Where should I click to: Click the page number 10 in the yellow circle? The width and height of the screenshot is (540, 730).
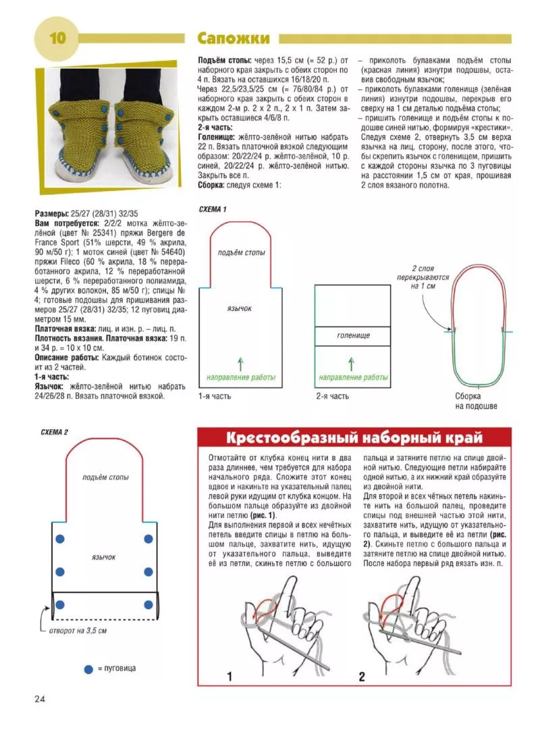55,38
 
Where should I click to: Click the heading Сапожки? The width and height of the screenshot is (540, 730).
233,38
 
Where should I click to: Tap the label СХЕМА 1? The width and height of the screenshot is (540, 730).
213,209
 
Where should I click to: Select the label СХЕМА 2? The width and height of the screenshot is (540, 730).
55,432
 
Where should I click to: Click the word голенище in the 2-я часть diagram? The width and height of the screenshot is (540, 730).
352,335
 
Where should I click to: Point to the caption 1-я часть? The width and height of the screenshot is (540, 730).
215,396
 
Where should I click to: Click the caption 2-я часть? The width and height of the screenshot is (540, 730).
332,396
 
